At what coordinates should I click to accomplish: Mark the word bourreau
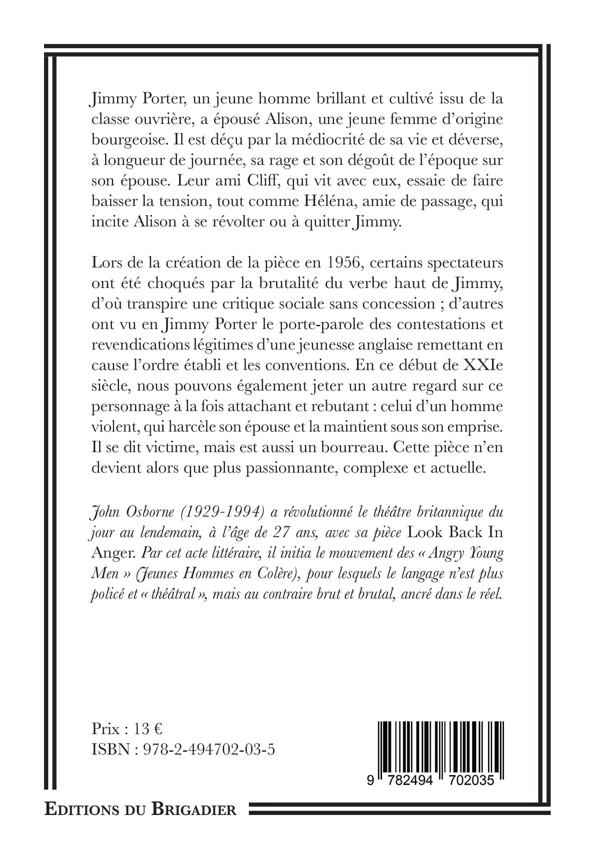355,448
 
